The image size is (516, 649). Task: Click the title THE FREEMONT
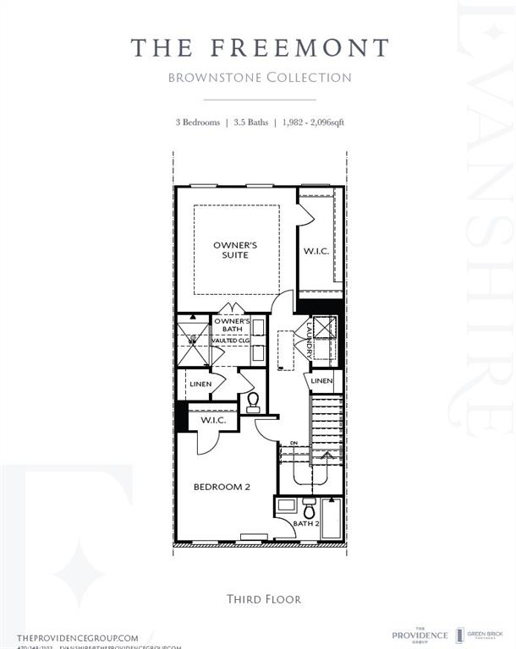pos(260,47)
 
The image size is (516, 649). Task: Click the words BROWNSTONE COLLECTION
pos(260,78)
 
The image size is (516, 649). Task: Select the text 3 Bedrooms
pos(197,123)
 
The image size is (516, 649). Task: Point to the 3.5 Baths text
pos(251,123)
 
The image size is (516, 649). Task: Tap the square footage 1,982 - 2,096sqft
pos(314,123)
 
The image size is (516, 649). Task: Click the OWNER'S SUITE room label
pos(235,250)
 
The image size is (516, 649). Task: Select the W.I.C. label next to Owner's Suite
pos(316,251)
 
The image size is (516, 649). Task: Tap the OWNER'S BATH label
pos(231,325)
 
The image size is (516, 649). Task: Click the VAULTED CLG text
pos(230,341)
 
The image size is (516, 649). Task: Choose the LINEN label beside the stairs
pos(321,382)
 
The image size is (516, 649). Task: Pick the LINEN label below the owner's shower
pos(200,384)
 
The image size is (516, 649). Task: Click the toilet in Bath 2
pos(309,509)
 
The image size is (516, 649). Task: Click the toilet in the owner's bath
pos(251,401)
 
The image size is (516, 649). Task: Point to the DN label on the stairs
pos(294,443)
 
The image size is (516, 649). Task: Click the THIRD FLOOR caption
pos(263,599)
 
